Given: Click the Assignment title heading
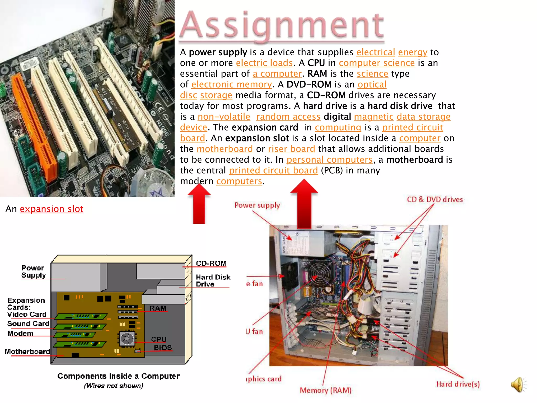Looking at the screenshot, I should coord(282,25).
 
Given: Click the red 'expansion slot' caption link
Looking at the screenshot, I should coord(51,209).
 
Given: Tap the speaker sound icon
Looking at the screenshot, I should coord(518,385).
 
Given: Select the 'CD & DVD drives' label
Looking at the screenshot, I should coord(435,199).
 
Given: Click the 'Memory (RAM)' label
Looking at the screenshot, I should coord(325,390).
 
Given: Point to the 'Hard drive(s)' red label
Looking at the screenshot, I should coord(458,384).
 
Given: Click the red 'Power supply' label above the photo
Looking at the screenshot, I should coord(257,205).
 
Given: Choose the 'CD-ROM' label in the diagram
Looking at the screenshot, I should coord(211,263).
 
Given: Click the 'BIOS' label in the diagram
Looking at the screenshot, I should coord(163,348).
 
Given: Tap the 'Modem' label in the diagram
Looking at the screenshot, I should coord(20,333).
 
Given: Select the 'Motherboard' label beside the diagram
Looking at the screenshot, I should coord(27,352).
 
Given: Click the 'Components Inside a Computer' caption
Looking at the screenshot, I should coord(119,376).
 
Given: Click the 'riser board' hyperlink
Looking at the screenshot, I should coord(291,149).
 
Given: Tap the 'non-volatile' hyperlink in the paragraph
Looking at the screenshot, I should coord(224,117).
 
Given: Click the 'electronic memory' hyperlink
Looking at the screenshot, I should coord(232,84).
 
